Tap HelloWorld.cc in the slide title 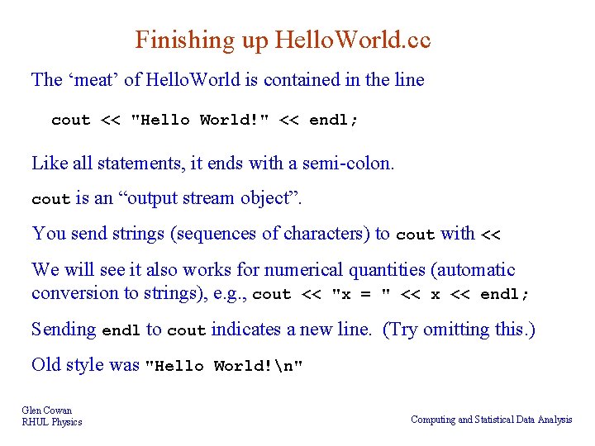click(353, 40)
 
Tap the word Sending click(64, 330)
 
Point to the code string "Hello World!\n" click(224, 366)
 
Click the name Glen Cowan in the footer click(47, 410)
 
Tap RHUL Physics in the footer click(52, 422)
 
